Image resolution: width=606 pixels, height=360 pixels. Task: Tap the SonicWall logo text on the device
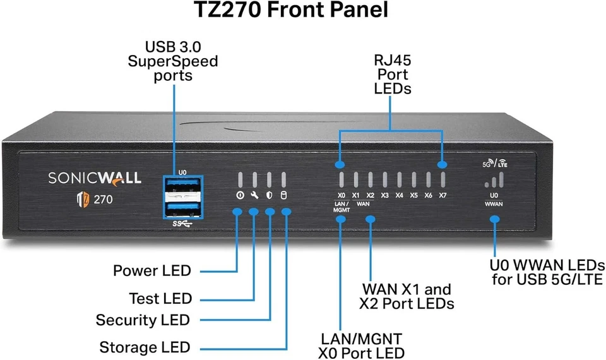(95, 178)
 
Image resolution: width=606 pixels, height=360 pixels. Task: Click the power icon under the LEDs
(240, 195)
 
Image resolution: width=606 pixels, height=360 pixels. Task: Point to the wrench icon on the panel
(254, 195)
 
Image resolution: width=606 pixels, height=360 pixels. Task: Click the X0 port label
(342, 195)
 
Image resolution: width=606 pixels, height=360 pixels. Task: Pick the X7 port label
(443, 195)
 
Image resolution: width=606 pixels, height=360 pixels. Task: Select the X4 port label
(399, 195)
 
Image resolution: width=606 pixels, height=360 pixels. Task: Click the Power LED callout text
(151, 271)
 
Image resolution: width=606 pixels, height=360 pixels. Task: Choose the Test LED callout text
(160, 298)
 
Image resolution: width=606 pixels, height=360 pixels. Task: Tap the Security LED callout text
(143, 320)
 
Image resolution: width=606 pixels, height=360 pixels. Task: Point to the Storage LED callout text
(145, 347)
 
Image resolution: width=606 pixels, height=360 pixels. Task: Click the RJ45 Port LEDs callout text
(392, 75)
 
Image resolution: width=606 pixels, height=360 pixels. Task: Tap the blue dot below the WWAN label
(494, 219)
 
